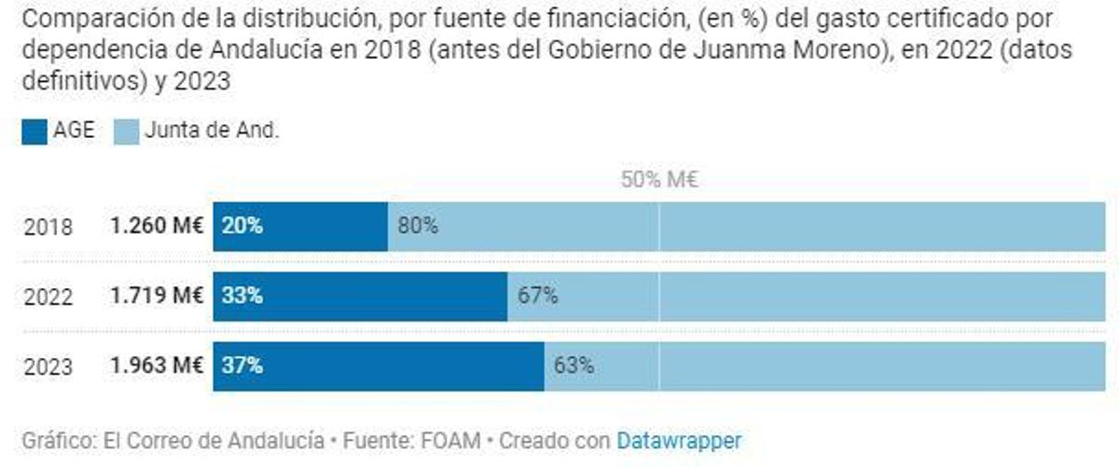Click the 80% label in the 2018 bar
418,227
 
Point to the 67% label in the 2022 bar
537,297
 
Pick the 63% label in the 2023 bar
573,366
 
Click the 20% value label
242,227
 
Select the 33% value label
242,297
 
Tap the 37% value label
242,366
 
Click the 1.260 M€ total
157,227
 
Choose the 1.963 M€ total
157,366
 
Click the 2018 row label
48,227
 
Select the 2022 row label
48,297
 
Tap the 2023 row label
48,367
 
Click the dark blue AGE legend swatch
35,132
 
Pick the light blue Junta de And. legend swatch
127,132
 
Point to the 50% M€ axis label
659,180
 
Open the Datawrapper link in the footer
678,439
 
